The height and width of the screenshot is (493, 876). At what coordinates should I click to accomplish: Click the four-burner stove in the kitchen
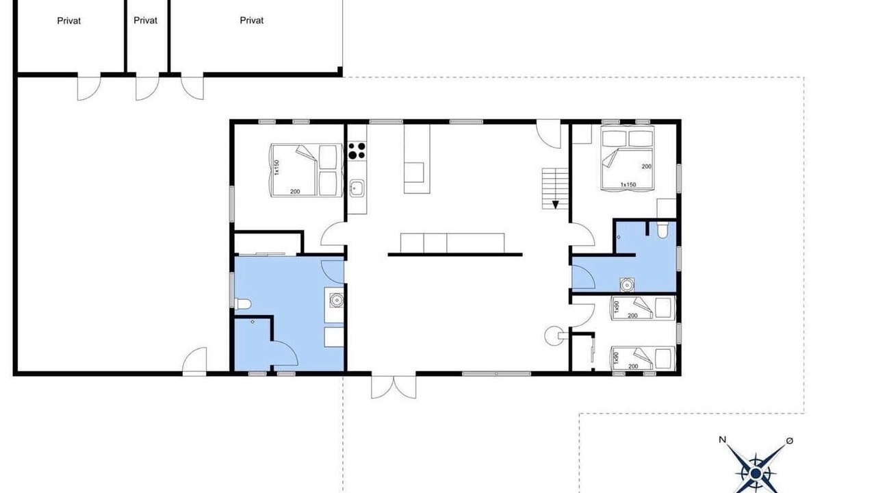pos(357,151)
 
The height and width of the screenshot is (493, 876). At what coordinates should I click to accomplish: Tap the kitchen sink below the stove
pos(357,188)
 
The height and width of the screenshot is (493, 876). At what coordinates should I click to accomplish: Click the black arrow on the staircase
pos(555,205)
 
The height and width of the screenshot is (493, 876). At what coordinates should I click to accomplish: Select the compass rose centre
pos(756,473)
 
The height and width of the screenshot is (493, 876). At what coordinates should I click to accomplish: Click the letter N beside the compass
pos(722,440)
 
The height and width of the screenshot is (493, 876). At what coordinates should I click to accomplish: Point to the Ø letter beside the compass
pos(790,441)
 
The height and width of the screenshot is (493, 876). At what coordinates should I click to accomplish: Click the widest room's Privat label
pos(251,21)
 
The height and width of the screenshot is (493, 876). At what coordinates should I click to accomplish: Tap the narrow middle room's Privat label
pos(146,21)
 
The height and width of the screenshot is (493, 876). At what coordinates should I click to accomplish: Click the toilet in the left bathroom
pos(242,303)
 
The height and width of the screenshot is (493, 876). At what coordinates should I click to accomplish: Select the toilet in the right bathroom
pos(662,230)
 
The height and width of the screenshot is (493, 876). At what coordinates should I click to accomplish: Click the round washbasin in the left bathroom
pos(336,300)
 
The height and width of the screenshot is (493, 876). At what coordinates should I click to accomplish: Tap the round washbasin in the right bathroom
pos(627,285)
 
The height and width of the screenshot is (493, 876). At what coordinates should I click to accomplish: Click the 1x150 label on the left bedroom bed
pos(277,168)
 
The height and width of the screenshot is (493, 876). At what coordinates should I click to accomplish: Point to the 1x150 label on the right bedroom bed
pos(628,184)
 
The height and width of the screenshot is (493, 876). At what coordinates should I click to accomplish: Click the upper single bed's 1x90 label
pos(617,307)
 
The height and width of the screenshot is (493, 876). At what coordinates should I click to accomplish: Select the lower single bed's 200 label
pos(633,366)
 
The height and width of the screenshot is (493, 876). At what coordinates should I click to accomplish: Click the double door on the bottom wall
pos(394,387)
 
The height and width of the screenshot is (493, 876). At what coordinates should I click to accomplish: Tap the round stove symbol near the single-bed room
pos(553,336)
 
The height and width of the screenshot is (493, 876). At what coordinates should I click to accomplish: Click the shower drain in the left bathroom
pos(253,322)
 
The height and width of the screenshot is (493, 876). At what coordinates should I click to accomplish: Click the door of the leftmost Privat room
pos(89,87)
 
